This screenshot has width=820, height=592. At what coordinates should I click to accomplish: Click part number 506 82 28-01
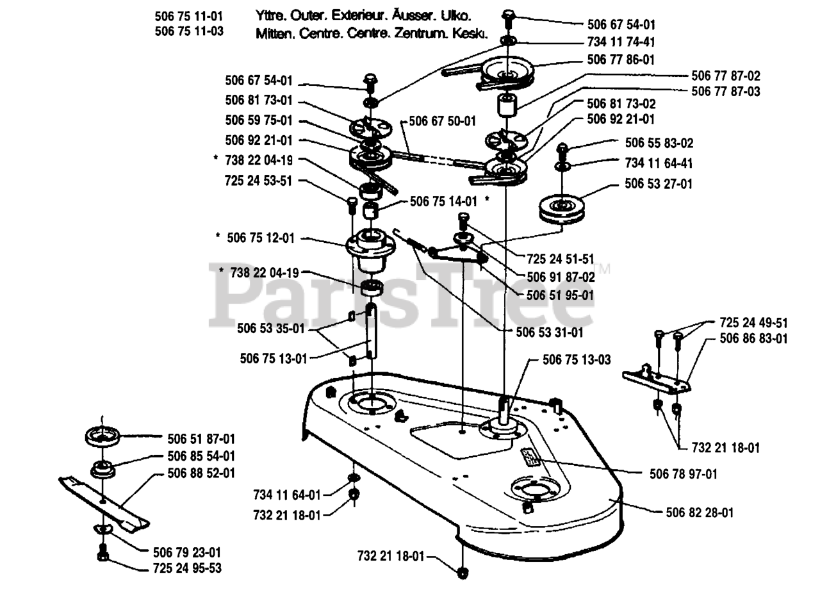[700, 513]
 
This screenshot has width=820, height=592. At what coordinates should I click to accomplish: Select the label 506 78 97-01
[683, 474]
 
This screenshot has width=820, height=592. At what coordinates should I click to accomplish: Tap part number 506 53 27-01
[659, 184]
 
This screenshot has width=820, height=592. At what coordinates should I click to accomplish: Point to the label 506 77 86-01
[621, 59]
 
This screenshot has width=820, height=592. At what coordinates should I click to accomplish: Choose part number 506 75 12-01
[261, 238]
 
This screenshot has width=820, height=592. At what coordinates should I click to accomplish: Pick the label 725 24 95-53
[188, 568]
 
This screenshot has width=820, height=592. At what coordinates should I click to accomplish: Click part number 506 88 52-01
[201, 473]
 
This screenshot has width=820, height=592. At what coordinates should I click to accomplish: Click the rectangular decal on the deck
[531, 455]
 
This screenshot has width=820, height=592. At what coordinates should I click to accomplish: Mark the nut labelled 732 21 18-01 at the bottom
[461, 571]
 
